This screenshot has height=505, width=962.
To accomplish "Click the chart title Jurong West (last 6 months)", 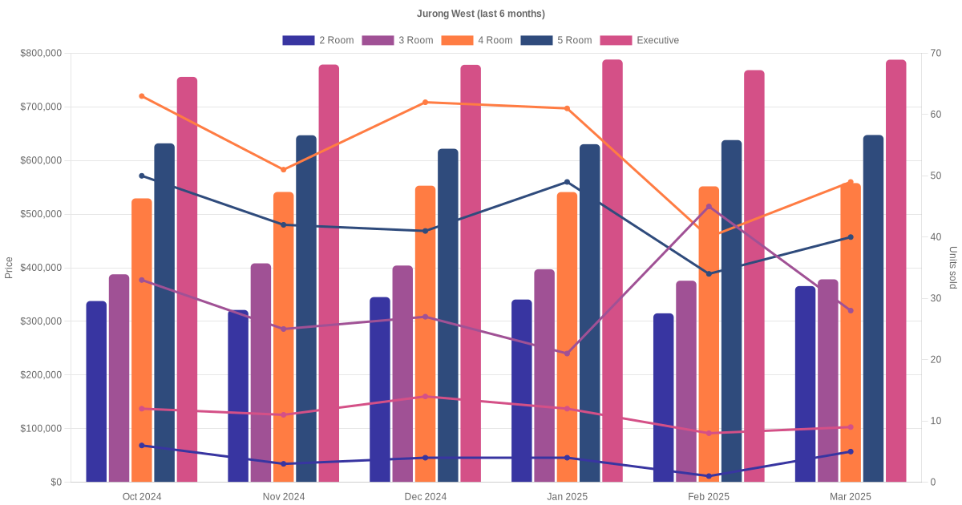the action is [x=480, y=14].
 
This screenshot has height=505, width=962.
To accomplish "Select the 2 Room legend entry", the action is [x=318, y=40].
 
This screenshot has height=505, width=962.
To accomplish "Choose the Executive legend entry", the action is [x=640, y=40].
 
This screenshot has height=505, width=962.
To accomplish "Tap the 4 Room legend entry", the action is [x=477, y=40].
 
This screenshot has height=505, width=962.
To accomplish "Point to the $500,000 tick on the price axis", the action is [x=41, y=214].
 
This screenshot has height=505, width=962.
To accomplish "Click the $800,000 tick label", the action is [x=41, y=53].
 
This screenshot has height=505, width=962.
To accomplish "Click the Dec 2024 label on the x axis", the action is [x=425, y=497].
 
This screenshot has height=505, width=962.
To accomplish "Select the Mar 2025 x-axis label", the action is [x=851, y=497].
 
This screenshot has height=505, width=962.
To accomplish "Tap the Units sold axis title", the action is [x=952, y=268].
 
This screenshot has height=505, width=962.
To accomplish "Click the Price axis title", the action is [x=9, y=268].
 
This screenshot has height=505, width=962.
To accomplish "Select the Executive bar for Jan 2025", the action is [x=612, y=271].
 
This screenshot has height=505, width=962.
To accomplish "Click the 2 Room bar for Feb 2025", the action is [x=664, y=398].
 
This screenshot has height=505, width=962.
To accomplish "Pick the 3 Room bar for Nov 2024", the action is [x=261, y=373].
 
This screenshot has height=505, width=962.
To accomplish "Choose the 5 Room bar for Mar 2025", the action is [x=874, y=309].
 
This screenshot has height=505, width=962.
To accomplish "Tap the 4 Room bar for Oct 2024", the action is [x=142, y=340].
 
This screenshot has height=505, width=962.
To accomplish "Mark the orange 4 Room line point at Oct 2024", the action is [x=142, y=96].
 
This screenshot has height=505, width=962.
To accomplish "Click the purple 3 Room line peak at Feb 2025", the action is [x=709, y=207].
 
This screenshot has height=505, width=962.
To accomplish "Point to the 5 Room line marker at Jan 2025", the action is [x=567, y=182].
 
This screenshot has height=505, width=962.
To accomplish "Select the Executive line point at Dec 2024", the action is [x=425, y=396].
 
